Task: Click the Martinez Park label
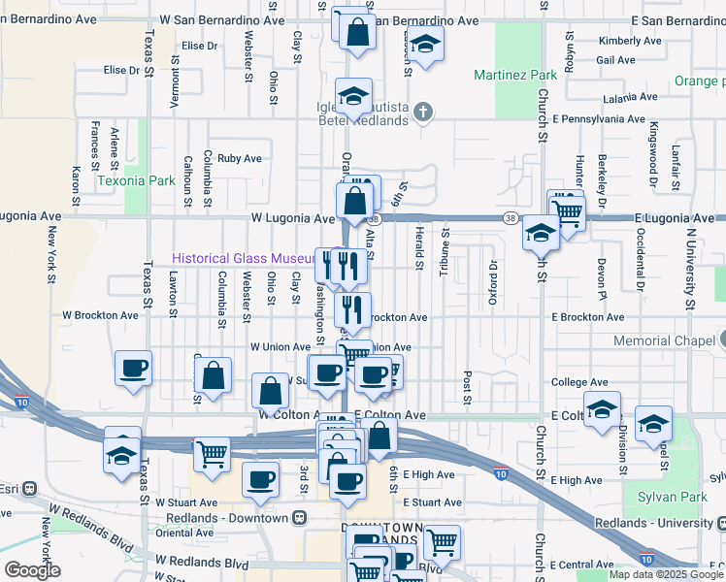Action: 515,75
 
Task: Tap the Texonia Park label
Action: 136,180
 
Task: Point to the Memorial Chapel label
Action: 665,341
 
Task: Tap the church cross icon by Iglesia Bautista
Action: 422,113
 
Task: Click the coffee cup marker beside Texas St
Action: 133,368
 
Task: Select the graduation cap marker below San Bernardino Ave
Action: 423,43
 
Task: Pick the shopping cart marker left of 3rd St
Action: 211,452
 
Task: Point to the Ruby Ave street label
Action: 240,158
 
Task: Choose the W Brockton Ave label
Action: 101,315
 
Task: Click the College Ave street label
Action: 579,383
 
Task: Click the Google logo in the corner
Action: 32,570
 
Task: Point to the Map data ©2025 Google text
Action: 666,574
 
